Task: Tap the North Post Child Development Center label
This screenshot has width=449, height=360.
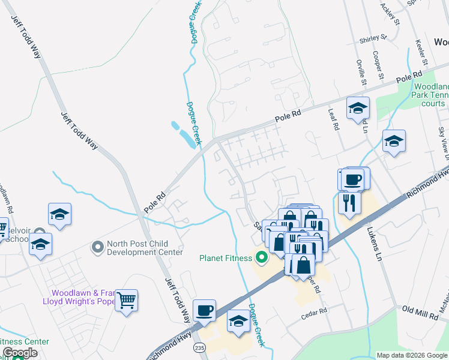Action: pos(144,248)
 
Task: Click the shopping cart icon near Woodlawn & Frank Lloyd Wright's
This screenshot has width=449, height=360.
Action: pos(127,300)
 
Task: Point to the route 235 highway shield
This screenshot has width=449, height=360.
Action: pos(198,348)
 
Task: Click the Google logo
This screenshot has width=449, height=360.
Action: pos(20,353)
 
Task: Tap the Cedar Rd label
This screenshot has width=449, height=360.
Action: pos(315,311)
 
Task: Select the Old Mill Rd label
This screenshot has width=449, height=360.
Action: pos(417,309)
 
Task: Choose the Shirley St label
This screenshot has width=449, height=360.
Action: pos(372,40)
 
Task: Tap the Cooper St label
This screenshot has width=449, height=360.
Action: pos(378,65)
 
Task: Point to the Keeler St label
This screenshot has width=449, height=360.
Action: pos(420,52)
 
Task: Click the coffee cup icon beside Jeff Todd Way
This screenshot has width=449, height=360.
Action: pos(205,308)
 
